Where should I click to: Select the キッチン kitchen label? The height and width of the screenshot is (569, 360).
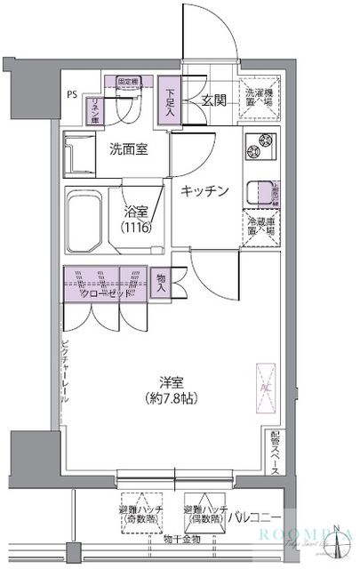tap(205, 190)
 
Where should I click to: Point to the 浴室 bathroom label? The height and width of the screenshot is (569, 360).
tap(138, 213)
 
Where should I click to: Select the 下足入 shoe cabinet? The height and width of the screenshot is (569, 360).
tap(171, 100)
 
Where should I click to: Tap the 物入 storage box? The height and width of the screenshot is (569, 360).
tap(162, 282)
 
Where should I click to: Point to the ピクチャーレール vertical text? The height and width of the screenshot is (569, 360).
tap(64, 373)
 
